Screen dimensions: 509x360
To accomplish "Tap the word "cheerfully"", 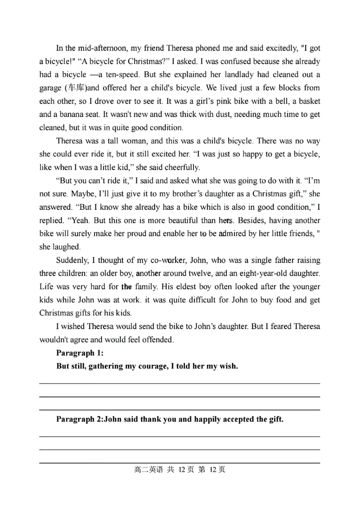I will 180,167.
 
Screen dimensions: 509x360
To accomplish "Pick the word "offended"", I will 157,339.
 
